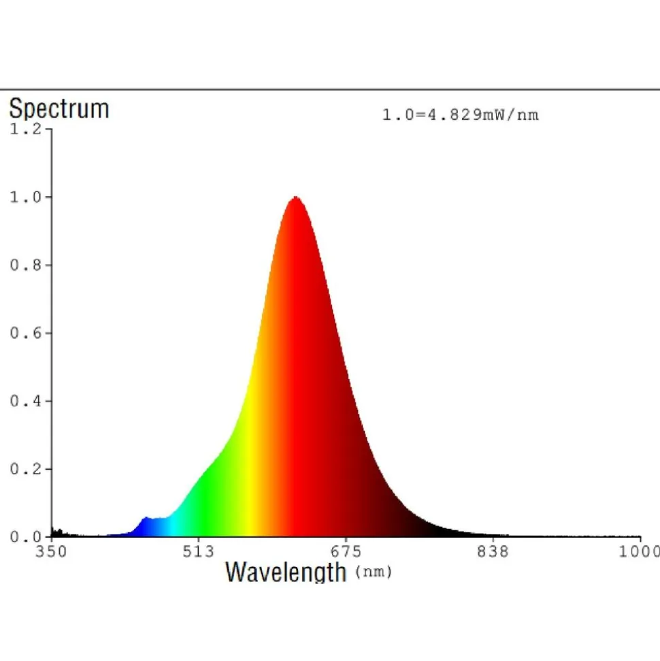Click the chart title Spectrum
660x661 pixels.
pyautogui.click(x=59, y=109)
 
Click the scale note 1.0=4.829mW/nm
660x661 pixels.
pyautogui.click(x=460, y=115)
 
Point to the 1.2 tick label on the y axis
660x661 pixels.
pyautogui.click(x=26, y=129)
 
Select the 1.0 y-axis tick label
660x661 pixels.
pyautogui.click(x=26, y=197)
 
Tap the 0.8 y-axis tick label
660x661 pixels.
pyautogui.click(x=26, y=265)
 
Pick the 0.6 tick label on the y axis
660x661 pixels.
pyautogui.click(x=26, y=333)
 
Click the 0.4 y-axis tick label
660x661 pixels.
pyautogui.click(x=26, y=401)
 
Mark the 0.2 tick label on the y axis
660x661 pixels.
pyautogui.click(x=26, y=469)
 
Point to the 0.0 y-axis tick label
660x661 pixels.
pyautogui.click(x=26, y=537)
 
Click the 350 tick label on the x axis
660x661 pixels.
pyautogui.click(x=51, y=551)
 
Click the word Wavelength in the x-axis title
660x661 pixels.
pyautogui.click(x=286, y=571)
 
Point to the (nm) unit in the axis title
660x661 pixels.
pyautogui.click(x=373, y=573)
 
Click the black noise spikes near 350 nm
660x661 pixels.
pyautogui.click(x=57, y=532)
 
